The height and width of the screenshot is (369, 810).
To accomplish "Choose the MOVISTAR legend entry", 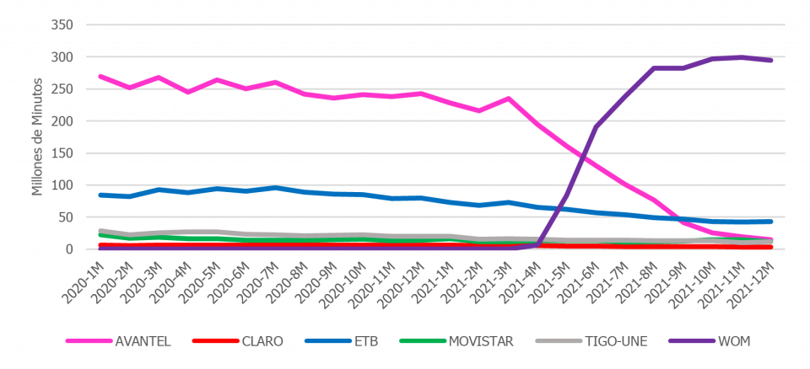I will pos(481,341).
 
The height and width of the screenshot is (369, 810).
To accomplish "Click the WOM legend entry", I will pos(733,341).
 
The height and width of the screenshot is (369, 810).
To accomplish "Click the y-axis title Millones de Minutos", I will pos(38,138).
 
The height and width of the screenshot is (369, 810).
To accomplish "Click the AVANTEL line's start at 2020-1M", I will pos(100,76).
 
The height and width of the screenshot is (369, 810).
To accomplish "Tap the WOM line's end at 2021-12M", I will pos(770,60).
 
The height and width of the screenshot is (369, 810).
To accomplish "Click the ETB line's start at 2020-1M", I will pos(100,195).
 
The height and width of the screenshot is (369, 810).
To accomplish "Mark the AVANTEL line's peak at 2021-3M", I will pos(508,98).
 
